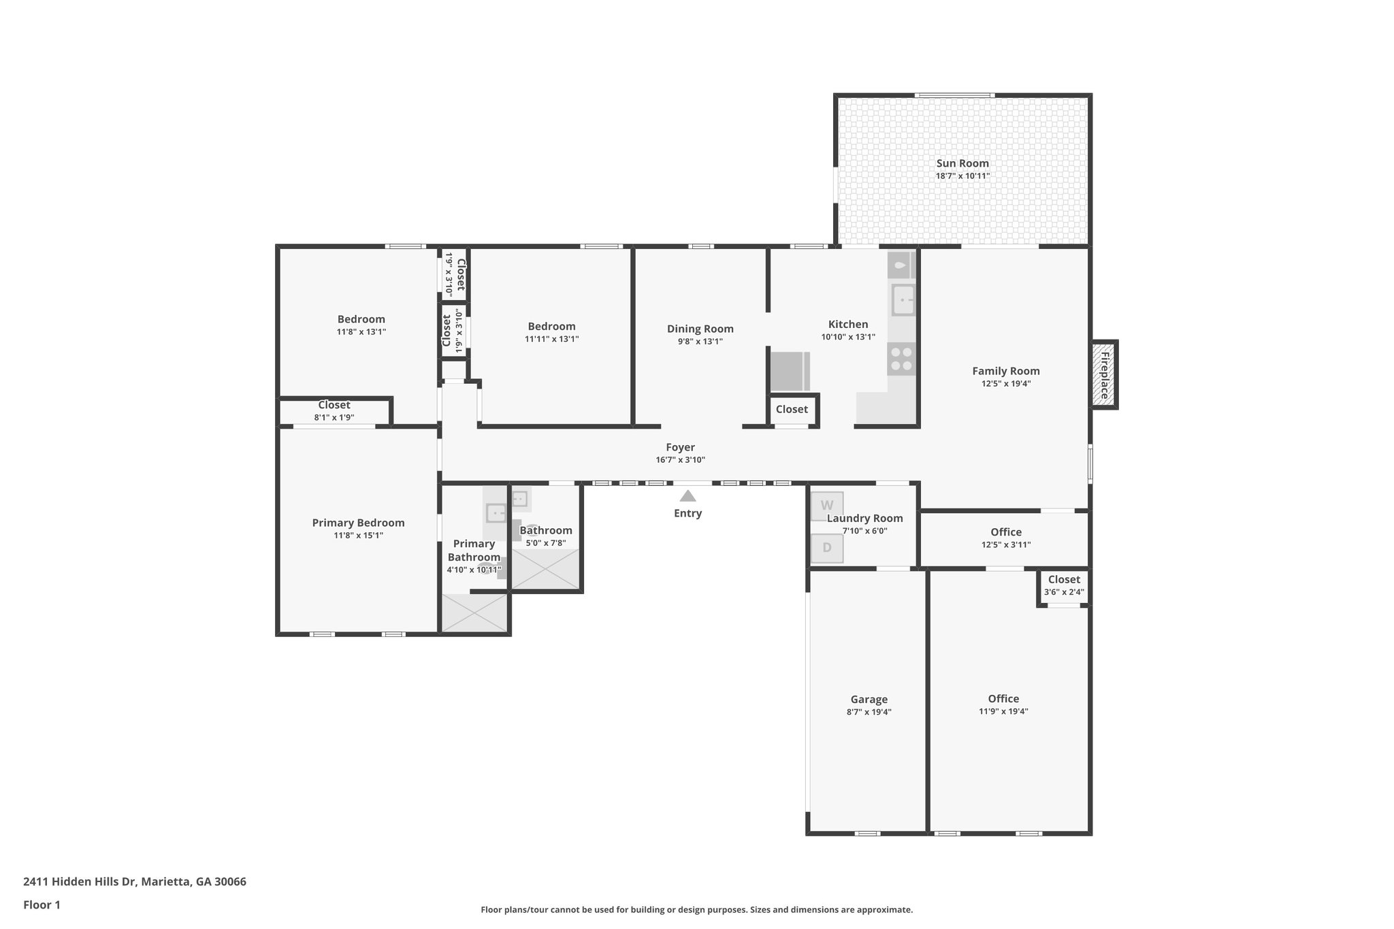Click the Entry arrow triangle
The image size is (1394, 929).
[x=687, y=496]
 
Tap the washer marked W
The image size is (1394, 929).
[x=827, y=506]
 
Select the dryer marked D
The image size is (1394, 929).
[x=827, y=548]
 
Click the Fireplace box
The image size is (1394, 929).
[x=1104, y=375]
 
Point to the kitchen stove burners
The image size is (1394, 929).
[x=901, y=359]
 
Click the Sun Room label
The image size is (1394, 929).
[x=962, y=163]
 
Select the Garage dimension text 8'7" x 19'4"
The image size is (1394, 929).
[x=869, y=712]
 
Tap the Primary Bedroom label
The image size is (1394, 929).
[x=358, y=523]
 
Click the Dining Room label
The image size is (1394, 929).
[x=700, y=329]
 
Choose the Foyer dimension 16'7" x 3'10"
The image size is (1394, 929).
[x=680, y=460]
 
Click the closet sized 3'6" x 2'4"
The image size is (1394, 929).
[x=1064, y=586]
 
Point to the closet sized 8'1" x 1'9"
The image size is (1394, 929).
[x=334, y=411]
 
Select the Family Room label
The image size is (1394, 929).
[x=1005, y=371]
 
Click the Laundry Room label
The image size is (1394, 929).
[x=864, y=519]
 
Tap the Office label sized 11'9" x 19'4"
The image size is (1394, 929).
[x=1003, y=699]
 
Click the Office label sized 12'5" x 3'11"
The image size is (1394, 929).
[x=1005, y=532]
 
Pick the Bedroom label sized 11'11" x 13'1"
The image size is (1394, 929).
[x=551, y=327]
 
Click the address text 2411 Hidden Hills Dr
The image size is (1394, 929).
[x=135, y=881]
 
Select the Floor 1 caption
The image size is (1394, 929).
[x=42, y=904]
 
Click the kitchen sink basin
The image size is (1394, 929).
[x=903, y=299]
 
